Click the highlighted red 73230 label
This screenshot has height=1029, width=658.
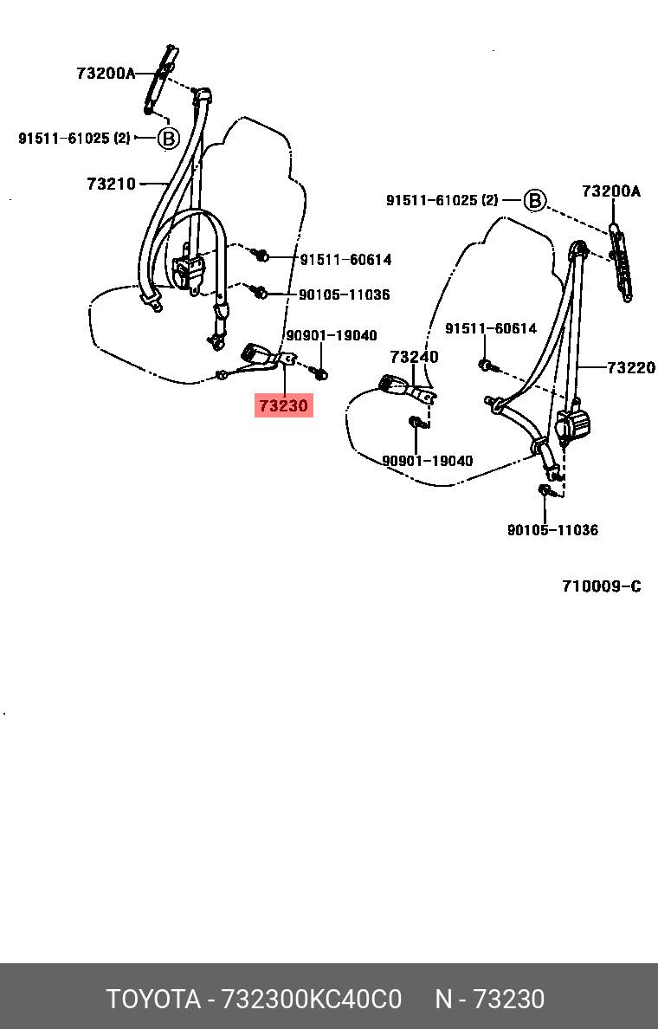283,404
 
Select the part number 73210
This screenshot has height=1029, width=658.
111,184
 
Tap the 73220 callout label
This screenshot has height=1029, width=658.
630,368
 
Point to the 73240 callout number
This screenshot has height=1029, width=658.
414,357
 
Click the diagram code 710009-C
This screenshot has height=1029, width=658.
601,586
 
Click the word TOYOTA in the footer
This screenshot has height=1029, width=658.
152,1000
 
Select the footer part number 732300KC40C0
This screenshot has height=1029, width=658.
312,1000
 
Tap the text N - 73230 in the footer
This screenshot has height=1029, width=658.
489,1000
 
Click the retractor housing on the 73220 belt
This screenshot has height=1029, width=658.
572,426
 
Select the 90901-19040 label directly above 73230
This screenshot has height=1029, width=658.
331,336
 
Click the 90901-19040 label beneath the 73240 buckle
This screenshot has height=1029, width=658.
428,461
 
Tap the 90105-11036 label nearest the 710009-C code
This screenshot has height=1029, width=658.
552,530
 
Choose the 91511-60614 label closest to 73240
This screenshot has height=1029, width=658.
491,329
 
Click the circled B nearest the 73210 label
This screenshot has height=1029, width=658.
168,138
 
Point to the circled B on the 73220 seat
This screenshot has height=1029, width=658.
535,201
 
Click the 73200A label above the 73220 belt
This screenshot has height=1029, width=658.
610,192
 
